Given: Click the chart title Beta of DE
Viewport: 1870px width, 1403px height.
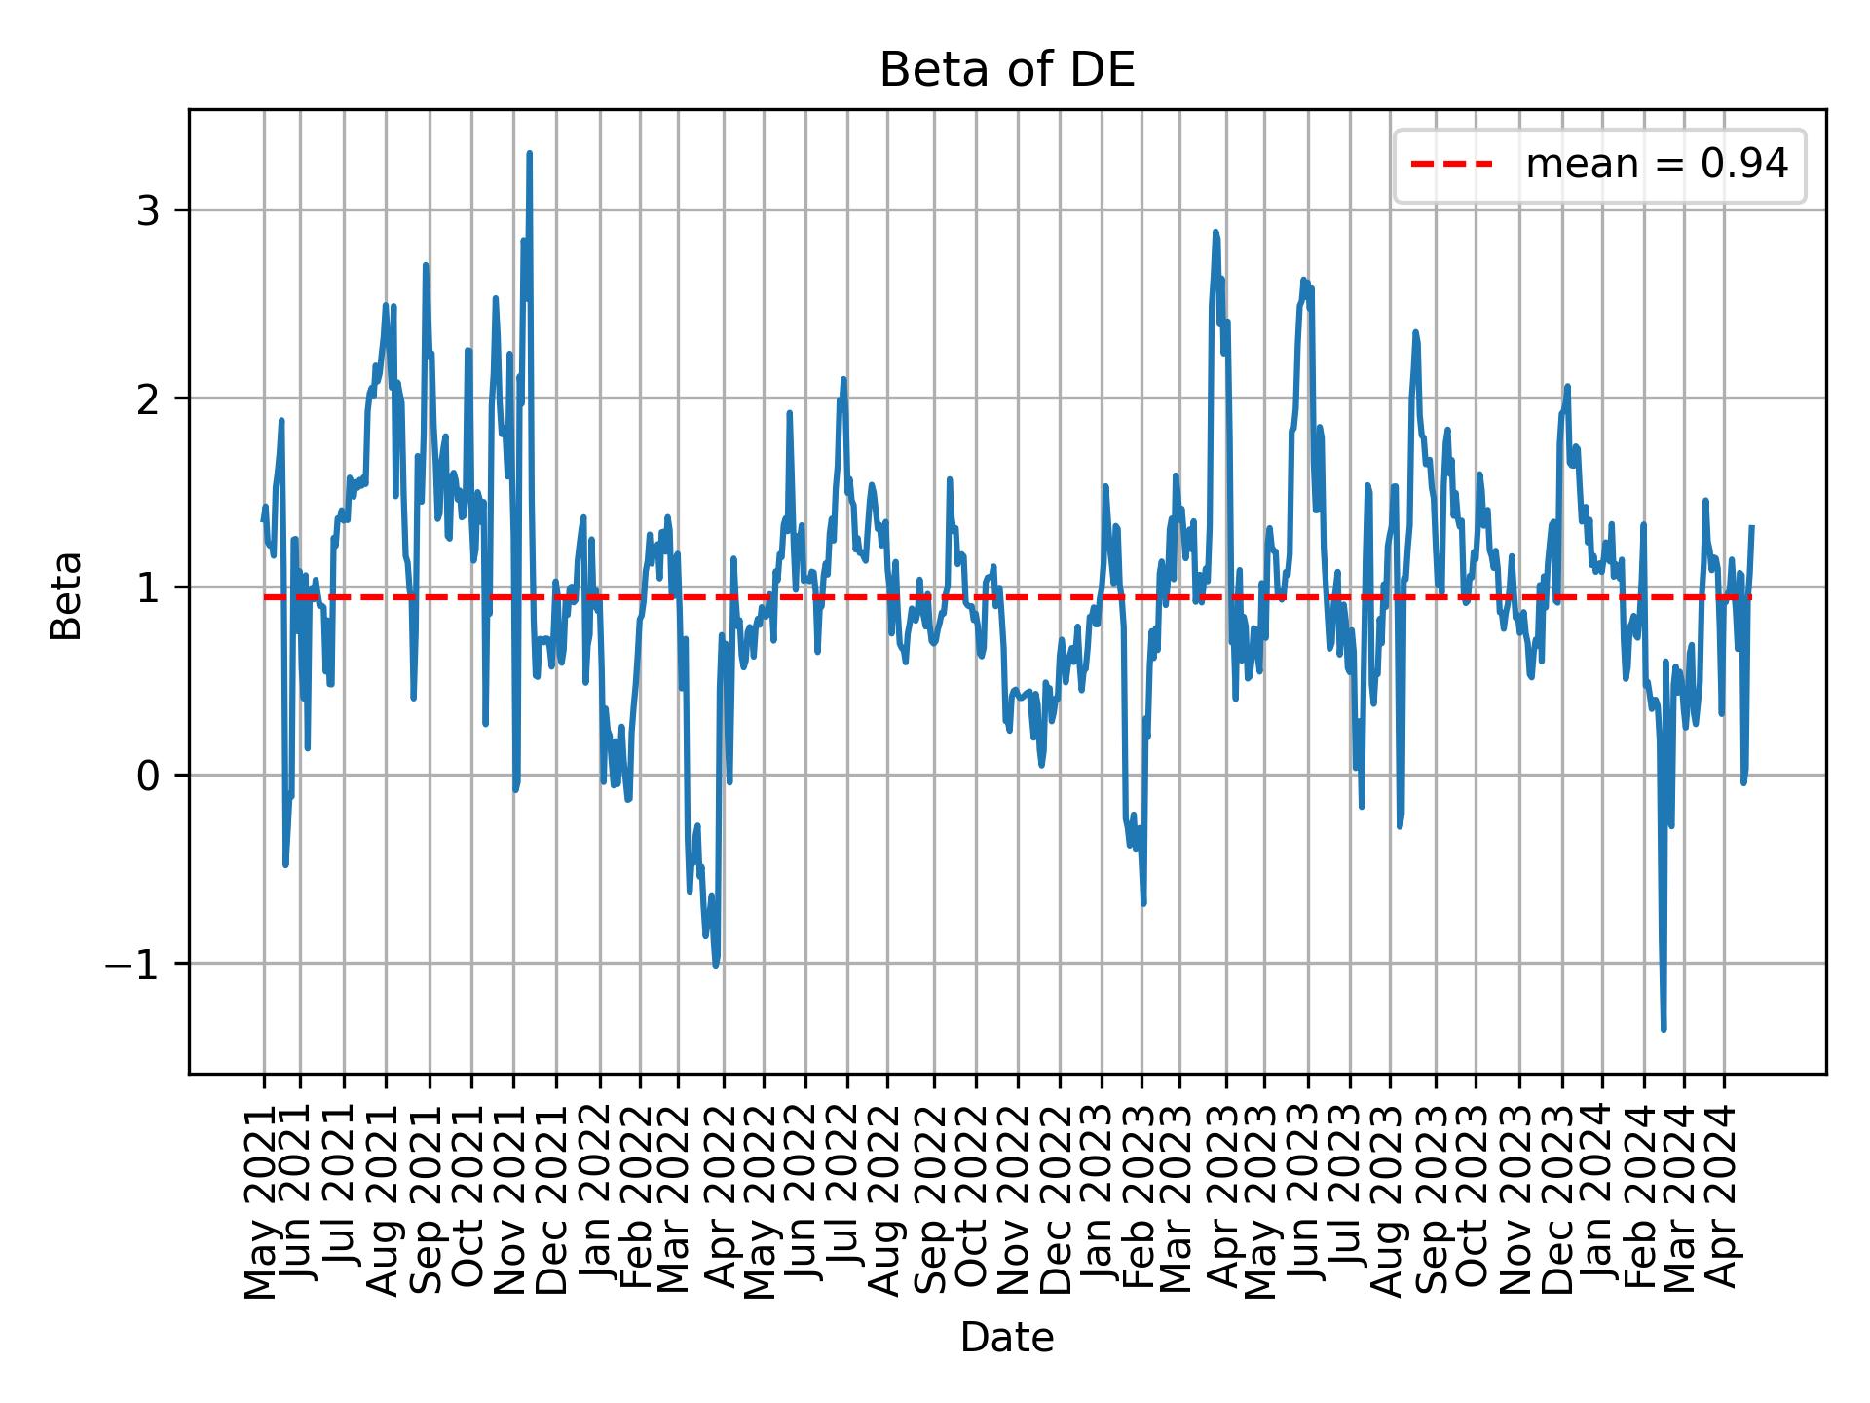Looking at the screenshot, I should point(1007,71).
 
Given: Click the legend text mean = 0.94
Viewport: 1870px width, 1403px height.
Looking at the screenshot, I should point(1656,165).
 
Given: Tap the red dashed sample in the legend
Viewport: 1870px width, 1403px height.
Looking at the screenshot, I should point(1451,165).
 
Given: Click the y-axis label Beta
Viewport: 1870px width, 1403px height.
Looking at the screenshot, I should point(66,595).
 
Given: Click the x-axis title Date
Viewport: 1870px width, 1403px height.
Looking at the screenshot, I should point(1007,1338).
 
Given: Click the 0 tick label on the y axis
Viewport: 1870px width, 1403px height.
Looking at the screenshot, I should point(147,776).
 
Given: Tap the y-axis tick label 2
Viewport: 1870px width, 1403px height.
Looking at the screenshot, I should point(147,398).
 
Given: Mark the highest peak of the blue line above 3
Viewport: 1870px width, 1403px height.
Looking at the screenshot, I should point(529,154).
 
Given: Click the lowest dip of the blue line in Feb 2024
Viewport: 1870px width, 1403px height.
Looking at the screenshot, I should point(1664,1029).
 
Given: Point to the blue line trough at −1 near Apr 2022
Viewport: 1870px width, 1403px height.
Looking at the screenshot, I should point(716,966).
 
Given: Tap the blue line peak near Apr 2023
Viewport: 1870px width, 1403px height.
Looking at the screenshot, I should point(1215,233).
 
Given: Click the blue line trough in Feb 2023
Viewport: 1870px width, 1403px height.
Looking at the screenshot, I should point(1143,903).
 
